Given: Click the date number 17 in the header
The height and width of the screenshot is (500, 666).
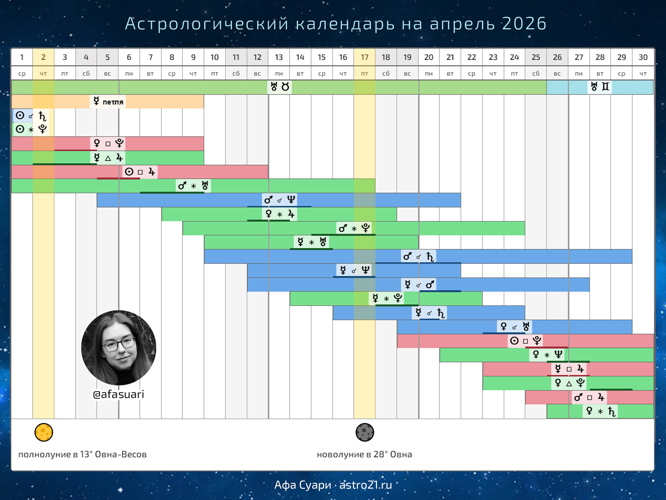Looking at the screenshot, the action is pos(365,57).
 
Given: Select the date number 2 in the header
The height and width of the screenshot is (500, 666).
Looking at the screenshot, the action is pos(43,57).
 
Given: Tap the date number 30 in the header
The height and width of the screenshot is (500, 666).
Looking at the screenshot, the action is pos(643,57).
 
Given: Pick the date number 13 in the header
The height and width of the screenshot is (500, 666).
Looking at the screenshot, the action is pos(279,57).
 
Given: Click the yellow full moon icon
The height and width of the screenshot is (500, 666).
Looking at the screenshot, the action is pos(44,432).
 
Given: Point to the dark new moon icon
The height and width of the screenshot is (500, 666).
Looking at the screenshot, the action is pos(365,432).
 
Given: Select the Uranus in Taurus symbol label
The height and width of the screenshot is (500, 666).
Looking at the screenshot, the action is pos(280,87).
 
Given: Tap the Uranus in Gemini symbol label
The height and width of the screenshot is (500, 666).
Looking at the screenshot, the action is pos(600,87).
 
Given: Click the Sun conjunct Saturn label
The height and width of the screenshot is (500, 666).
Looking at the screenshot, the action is pos(31,116).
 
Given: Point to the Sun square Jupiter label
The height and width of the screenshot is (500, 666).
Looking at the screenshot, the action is pos(140,172).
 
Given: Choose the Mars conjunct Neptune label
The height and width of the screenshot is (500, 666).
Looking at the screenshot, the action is pos(280,200).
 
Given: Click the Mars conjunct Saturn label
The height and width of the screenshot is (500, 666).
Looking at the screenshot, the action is pos(419,256).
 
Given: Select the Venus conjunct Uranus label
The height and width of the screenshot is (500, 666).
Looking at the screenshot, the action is pos(514,327).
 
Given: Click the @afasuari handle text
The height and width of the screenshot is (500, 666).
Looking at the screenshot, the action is pos(119,394).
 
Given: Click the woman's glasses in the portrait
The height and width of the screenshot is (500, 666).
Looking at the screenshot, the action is pos(119,344).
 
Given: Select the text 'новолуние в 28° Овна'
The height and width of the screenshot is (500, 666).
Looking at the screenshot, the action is pos(365,454).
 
